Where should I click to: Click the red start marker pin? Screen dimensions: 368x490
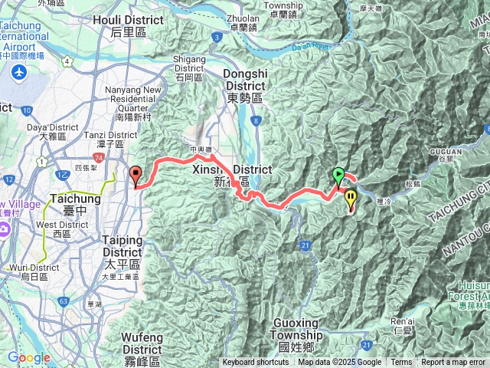pyautogui.click(x=136, y=176)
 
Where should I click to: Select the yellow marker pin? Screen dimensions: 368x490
pyautogui.click(x=351, y=199)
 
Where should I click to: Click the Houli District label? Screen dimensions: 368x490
pyautogui.click(x=127, y=26)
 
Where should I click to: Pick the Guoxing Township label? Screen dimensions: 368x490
pyautogui.click(x=296, y=340)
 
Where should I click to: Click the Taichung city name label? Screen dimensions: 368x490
pyautogui.click(x=70, y=203)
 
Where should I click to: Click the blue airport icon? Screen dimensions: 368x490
pyautogui.click(x=19, y=74)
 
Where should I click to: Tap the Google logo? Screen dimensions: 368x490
pyautogui.click(x=28, y=358)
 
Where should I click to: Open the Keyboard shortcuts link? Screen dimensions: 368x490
pyautogui.click(x=256, y=363)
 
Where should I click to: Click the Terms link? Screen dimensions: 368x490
pyautogui.click(x=401, y=363)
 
